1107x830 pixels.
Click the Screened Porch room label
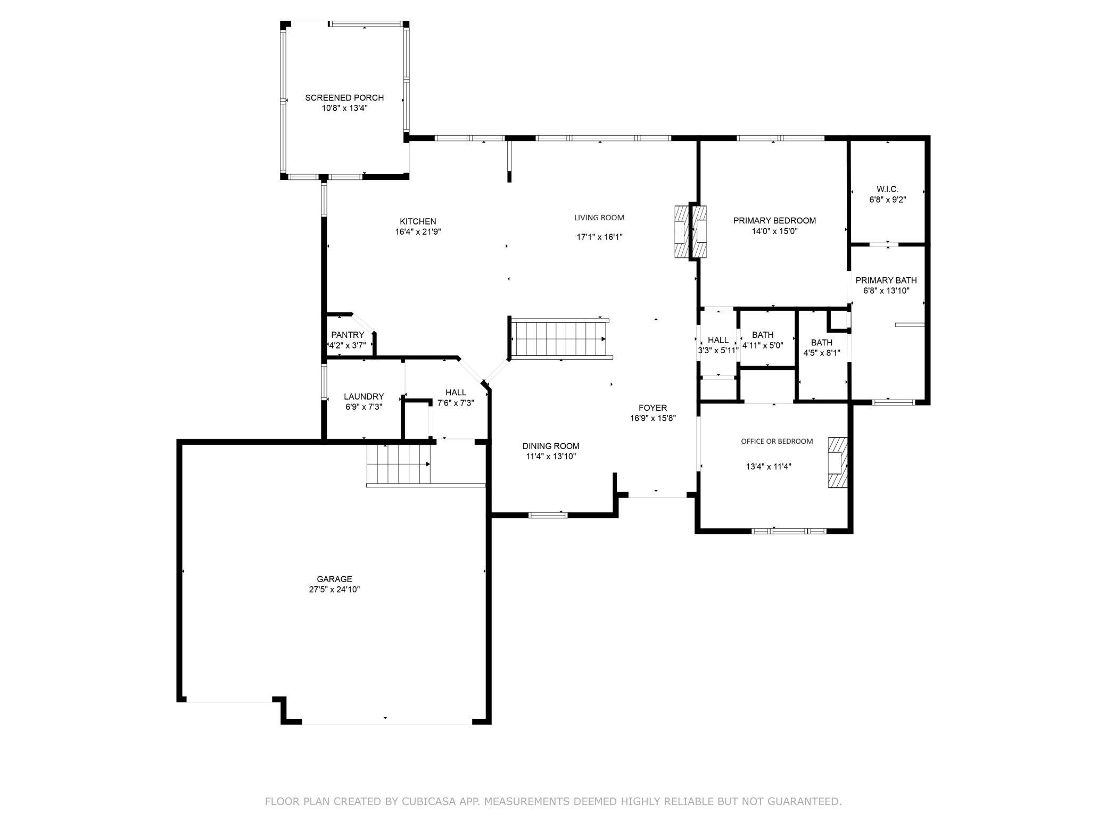tap(344, 98)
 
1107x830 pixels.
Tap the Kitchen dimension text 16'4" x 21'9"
tap(418, 232)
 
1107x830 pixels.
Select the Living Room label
tap(599, 218)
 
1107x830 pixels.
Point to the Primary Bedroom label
tap(774, 221)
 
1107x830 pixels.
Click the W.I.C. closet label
tap(887, 189)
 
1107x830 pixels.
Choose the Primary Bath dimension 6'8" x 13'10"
tap(886, 291)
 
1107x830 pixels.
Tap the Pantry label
tap(348, 335)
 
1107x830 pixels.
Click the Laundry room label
tap(364, 396)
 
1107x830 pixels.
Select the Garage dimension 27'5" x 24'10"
tap(334, 590)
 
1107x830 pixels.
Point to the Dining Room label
tap(551, 446)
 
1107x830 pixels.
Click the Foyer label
tap(652, 408)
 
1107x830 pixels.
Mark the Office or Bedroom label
tap(777, 441)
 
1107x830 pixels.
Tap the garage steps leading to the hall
tap(398, 464)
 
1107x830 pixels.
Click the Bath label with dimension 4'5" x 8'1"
tap(822, 343)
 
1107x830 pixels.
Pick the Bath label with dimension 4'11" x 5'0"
tap(763, 335)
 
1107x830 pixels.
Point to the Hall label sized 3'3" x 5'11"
tap(718, 341)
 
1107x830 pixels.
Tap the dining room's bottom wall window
tap(548, 514)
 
